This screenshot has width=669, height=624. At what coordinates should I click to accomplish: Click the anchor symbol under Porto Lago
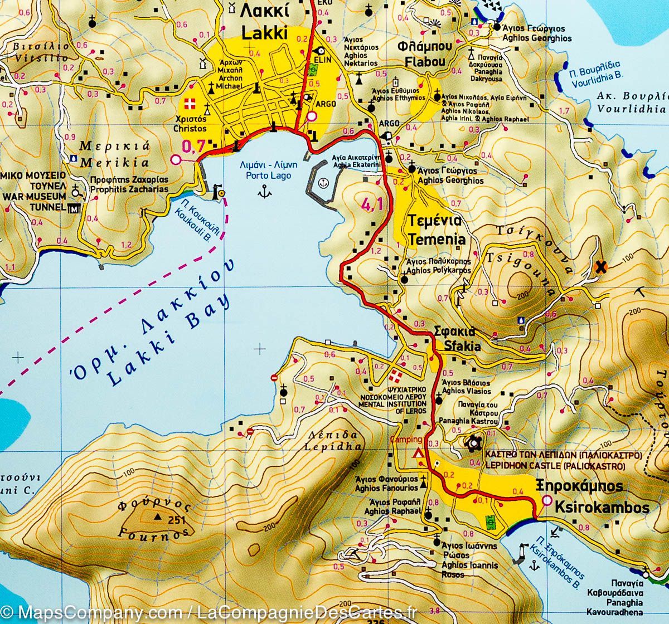click(265, 193)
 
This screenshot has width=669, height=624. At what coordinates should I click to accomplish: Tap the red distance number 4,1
click(372, 205)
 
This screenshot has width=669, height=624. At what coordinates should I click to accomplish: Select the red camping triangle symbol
click(416, 454)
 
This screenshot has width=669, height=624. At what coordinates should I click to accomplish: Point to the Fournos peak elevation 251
click(176, 520)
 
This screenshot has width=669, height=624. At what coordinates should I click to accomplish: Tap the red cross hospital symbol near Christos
click(190, 104)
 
